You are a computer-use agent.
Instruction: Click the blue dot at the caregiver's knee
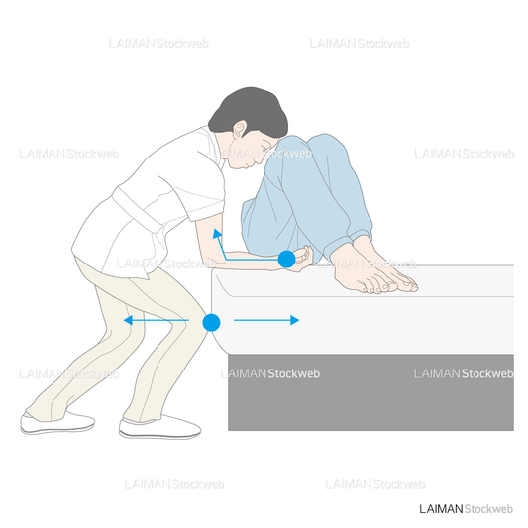[x=211, y=323]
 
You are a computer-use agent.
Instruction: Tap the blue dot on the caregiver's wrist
[x=287, y=259]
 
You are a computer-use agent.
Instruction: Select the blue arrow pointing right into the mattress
[x=266, y=320]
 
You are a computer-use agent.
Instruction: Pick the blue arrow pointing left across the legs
[x=157, y=320]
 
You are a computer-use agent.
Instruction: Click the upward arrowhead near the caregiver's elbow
[x=218, y=234]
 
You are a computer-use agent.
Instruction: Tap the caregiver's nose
[x=261, y=159]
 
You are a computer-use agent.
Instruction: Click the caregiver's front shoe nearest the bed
[x=159, y=428]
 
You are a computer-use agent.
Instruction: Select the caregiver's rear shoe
[x=57, y=423]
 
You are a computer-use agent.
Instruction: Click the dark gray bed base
[x=370, y=392]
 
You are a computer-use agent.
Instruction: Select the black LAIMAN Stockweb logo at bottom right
[x=466, y=509]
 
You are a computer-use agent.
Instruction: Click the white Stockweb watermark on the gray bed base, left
[x=293, y=373]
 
